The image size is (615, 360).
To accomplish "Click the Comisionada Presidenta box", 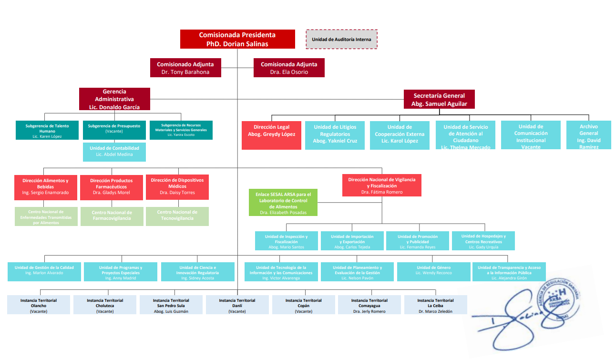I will point(237,39).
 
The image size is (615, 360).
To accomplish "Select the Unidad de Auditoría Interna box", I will point(341,39).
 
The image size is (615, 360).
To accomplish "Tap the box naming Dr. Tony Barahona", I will point(185,68).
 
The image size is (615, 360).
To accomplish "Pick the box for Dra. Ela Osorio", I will point(289,68).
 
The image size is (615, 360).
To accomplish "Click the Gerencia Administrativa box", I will point(114,99).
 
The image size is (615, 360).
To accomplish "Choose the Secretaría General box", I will point(439,99).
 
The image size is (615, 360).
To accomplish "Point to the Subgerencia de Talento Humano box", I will point(47,130).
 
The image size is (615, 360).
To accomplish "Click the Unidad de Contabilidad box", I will point(114,152).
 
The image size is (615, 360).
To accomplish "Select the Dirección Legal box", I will point(271,135).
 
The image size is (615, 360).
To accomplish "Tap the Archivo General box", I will point(589,135).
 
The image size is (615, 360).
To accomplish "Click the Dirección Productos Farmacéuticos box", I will point(112,186).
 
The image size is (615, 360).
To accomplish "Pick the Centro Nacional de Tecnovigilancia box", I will point(177,216).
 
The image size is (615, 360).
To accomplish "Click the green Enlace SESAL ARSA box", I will point(283,203).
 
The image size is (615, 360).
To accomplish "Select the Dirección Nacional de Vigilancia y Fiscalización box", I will point(381,185).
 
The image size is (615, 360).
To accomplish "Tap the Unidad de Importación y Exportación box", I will point(352,242).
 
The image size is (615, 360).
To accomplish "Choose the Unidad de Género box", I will point(433,272).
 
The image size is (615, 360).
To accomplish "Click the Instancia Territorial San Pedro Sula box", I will point(171,305).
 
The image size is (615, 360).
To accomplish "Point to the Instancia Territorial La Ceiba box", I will point(435,305).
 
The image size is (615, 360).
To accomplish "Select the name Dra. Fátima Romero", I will point(381,192).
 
